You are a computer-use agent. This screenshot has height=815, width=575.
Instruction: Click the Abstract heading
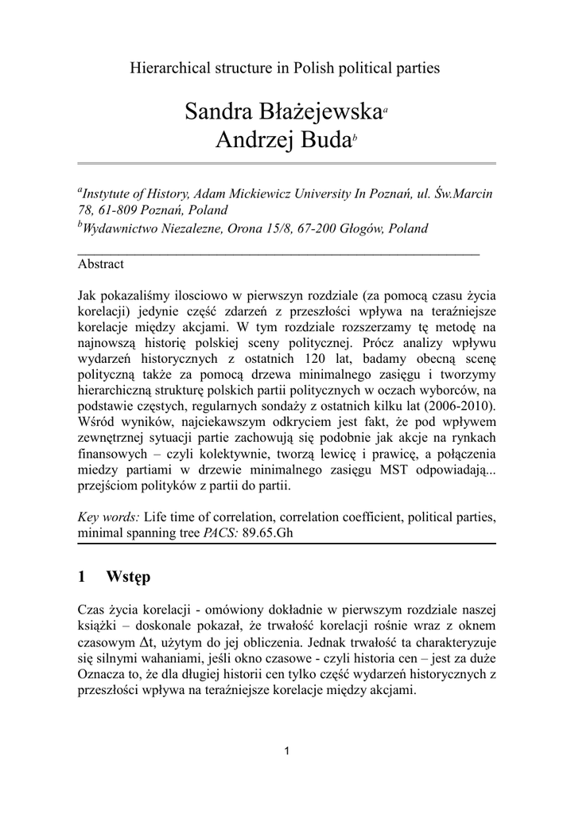(x=100, y=263)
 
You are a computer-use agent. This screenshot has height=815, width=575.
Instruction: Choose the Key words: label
(x=109, y=517)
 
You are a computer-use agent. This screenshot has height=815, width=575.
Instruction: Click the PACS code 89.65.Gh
(x=268, y=532)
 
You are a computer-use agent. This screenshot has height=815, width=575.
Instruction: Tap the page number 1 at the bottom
(x=287, y=752)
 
